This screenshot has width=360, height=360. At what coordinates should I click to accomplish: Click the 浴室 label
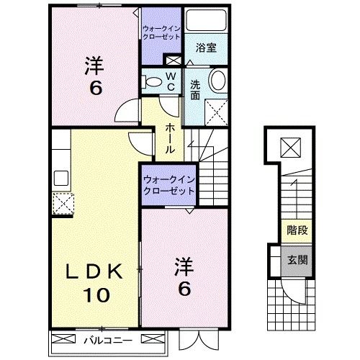click(x=207, y=49)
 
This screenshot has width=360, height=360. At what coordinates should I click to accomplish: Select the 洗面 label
click(x=195, y=89)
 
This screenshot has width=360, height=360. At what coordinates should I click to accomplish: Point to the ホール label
click(x=170, y=137)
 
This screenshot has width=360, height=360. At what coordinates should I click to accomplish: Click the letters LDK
click(x=91, y=271)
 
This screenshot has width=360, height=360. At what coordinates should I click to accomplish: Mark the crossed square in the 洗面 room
click(x=215, y=112)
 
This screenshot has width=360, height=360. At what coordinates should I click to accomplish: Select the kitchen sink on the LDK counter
click(x=59, y=177)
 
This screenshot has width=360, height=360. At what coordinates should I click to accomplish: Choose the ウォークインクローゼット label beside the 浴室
click(x=161, y=33)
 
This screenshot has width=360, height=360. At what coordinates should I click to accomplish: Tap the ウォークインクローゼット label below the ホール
click(x=168, y=186)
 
